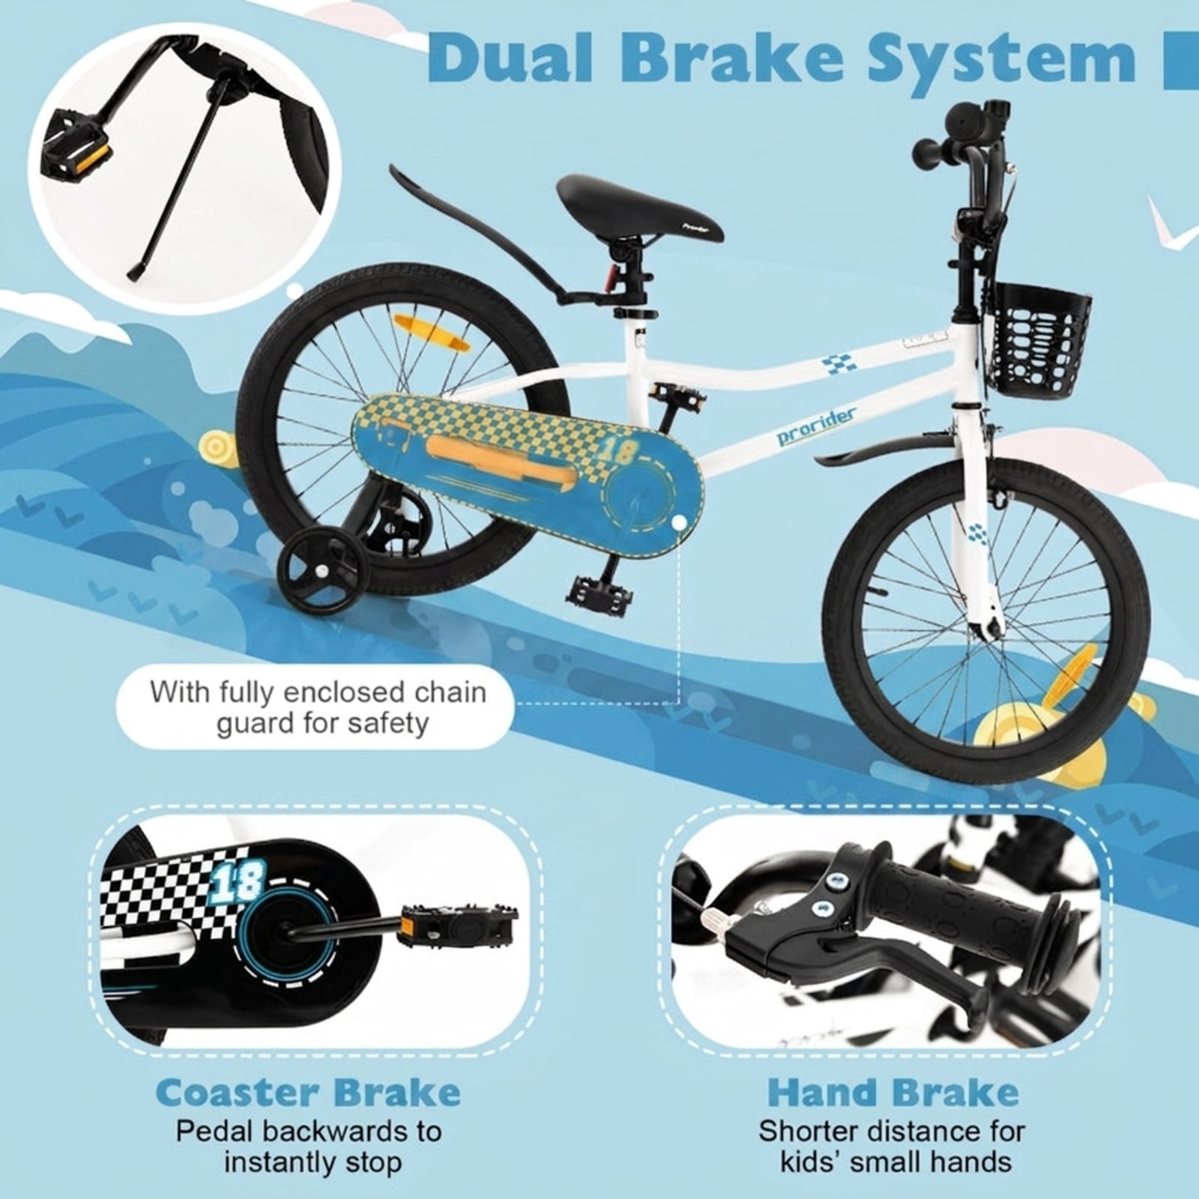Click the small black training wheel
click(318, 573)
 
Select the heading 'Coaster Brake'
click(309, 1093)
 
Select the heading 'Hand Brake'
click(893, 1093)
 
